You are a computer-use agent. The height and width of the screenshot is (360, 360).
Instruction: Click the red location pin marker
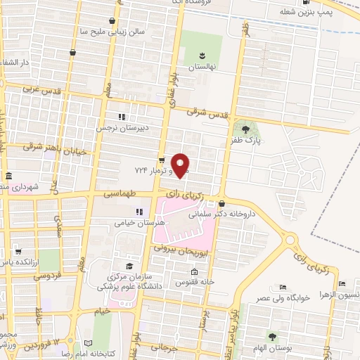click(181, 165)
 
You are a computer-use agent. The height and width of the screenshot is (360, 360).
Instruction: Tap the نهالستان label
click(202, 67)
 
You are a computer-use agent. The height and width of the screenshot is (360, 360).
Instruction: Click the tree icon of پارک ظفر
click(245, 129)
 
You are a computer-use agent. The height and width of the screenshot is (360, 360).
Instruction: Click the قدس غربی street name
click(38, 89)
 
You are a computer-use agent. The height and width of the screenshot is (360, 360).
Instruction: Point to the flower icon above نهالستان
click(202, 55)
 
